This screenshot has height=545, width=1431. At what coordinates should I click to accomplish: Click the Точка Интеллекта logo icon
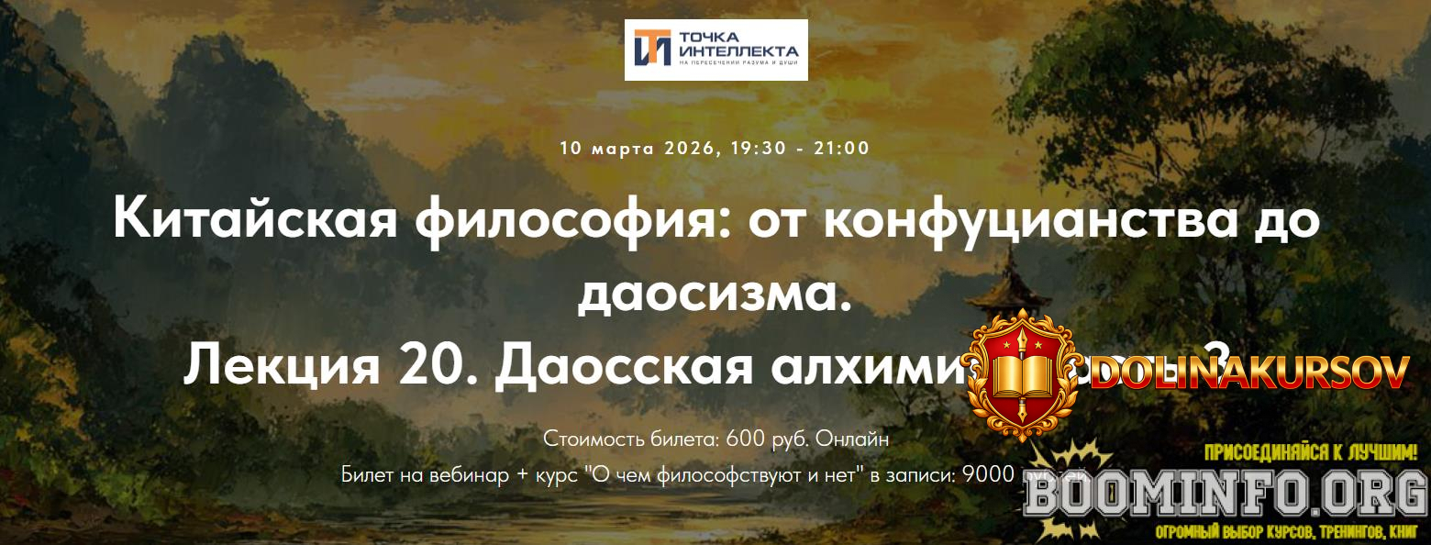click(652, 49)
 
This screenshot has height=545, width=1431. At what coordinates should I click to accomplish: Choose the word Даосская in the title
click(623, 365)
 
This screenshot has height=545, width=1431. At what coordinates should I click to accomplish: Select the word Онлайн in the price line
click(853, 439)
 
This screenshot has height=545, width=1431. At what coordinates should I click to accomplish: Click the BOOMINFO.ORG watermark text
click(1225, 496)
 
